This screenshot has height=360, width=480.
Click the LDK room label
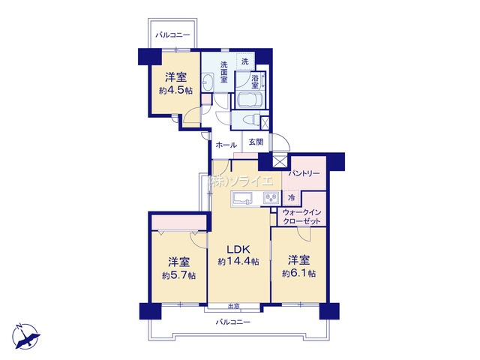(x=238, y=249)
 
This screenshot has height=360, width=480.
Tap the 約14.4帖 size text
(x=238, y=262)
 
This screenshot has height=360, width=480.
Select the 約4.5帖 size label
(x=175, y=91)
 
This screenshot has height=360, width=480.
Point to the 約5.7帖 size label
(x=178, y=275)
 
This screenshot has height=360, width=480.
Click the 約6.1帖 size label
(x=298, y=273)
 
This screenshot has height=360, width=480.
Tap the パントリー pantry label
(x=304, y=173)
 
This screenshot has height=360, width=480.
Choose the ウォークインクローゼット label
(x=301, y=217)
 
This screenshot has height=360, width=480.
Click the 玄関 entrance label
(x=256, y=142)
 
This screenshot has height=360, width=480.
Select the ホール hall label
(x=226, y=145)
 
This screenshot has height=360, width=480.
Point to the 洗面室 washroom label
(x=224, y=72)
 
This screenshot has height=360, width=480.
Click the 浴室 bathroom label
(x=255, y=82)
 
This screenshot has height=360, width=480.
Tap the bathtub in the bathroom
(x=249, y=100)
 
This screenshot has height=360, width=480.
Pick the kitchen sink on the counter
(x=241, y=199)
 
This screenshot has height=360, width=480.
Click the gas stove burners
(x=271, y=198)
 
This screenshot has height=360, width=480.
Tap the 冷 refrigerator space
(x=292, y=197)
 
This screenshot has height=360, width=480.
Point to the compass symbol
(x=25, y=336)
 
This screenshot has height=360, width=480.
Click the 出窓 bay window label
(x=233, y=306)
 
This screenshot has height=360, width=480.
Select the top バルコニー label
(x=172, y=35)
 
